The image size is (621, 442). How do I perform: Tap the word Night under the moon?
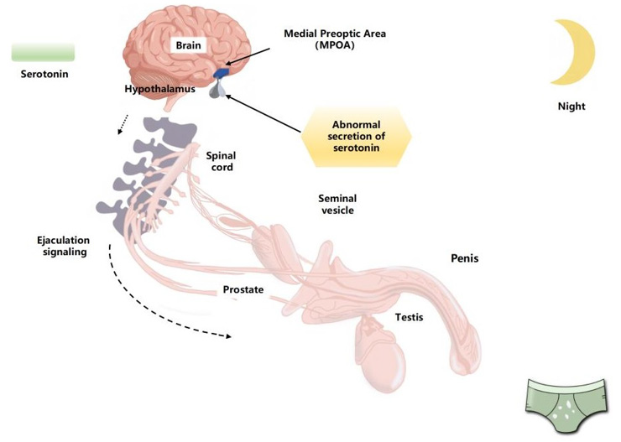click(571, 107)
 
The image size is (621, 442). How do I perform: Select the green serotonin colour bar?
click(44, 51)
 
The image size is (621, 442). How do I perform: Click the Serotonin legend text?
click(44, 74)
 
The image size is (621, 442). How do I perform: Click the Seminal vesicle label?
click(337, 204)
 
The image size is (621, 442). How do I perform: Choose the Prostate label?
click(243, 290)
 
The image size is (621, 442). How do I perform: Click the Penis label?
click(464, 259)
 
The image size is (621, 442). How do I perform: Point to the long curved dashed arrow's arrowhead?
click(227, 337)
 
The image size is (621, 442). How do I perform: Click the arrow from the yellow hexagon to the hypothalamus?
click(264, 115)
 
